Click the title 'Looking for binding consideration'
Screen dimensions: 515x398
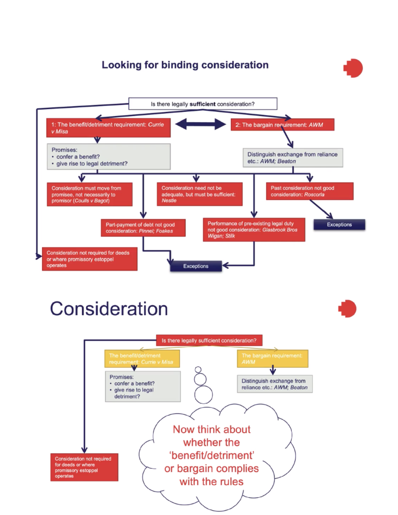pos(185,65)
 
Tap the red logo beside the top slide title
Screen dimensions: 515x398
pos(353,68)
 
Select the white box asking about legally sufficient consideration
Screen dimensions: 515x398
pos(203,104)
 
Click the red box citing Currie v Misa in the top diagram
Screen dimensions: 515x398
pos(108,128)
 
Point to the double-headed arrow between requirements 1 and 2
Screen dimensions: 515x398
pos(200,124)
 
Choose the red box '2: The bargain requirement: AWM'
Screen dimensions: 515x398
pos(282,125)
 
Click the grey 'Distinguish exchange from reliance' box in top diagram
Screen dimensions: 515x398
pos(293,158)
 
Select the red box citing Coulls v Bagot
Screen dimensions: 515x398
pos(90,194)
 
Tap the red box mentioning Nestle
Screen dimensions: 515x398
pos(199,194)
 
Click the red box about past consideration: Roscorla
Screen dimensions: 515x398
pos(309,191)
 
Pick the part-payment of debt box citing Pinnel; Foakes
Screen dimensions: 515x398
pos(143,228)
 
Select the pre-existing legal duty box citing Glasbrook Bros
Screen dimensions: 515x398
pos(254,230)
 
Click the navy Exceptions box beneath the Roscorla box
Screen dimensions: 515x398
pos(339,225)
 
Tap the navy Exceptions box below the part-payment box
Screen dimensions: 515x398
pos(196,266)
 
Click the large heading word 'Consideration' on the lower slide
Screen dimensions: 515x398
pos(109,309)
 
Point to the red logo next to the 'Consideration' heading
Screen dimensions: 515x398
pos(348,309)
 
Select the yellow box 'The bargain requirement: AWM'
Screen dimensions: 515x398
pos(272,359)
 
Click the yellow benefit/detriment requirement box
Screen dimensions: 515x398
pos(142,359)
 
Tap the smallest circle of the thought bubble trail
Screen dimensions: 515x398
pos(198,370)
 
